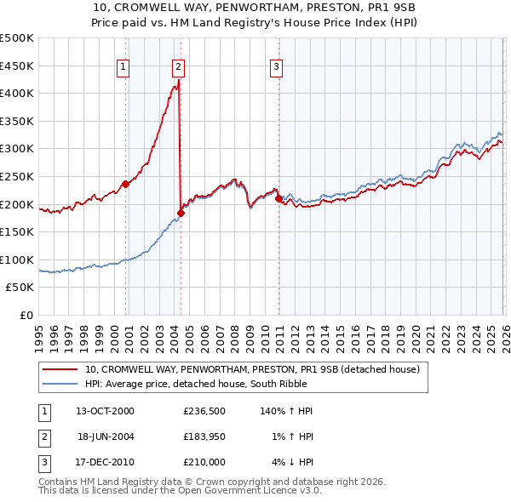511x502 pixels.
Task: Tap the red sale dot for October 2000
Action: click(x=125, y=184)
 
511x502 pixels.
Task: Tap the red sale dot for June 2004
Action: click(x=181, y=213)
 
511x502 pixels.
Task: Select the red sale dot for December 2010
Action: click(x=279, y=198)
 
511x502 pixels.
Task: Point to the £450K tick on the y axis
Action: click(x=19, y=66)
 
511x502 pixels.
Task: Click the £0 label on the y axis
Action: click(x=28, y=316)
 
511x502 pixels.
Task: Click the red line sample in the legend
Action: click(x=60, y=370)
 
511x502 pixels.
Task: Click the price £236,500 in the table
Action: click(x=205, y=411)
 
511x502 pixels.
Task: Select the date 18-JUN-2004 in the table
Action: click(x=106, y=436)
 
